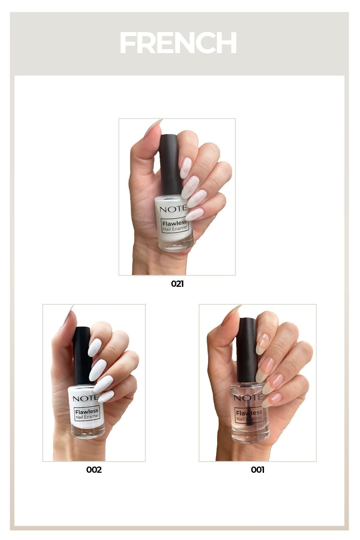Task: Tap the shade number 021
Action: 177,283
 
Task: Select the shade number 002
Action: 94,470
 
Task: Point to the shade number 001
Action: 258,470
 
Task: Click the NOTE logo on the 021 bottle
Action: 173,209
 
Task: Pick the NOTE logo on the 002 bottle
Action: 85,398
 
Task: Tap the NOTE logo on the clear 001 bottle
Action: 248,398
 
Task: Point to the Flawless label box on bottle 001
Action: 249,415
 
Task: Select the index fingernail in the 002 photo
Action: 95,347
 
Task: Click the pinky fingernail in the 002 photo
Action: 106,396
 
